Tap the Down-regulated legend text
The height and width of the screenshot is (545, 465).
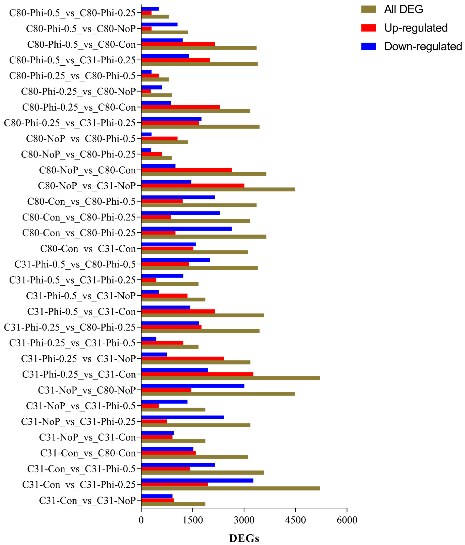(423, 46)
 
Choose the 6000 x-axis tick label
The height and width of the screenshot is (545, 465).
(347, 520)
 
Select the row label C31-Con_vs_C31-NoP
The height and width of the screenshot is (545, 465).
(87, 500)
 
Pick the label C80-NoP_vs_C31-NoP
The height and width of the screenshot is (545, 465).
(87, 186)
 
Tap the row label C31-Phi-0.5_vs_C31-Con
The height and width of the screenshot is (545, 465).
(81, 312)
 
